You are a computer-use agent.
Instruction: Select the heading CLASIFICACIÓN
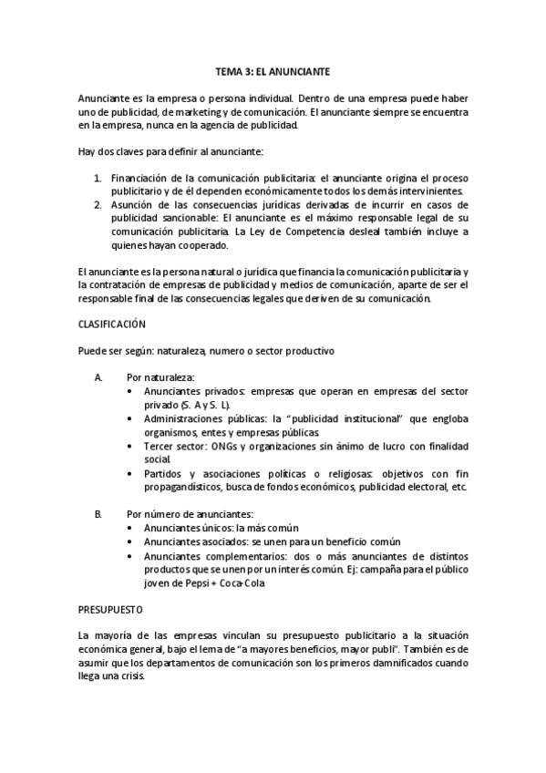(x=111, y=324)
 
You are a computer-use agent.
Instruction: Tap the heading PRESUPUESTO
(x=108, y=606)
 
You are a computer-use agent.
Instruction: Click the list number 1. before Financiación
(x=98, y=178)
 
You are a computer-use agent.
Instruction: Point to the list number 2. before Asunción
(x=98, y=205)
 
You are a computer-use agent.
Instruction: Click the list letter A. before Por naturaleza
(x=98, y=376)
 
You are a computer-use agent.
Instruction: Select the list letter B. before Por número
(x=98, y=514)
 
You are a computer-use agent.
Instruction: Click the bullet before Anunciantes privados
(x=133, y=390)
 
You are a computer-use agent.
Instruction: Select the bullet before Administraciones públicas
(x=133, y=418)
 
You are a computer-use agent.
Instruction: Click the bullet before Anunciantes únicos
(x=133, y=528)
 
